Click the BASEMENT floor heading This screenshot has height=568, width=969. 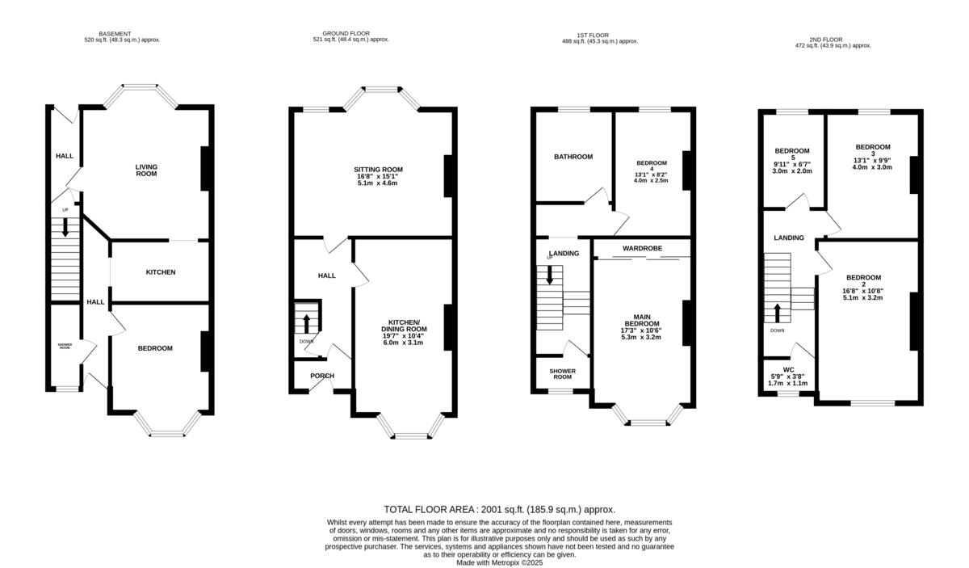[115, 34]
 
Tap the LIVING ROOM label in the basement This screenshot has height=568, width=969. [146, 170]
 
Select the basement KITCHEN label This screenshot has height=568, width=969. [160, 272]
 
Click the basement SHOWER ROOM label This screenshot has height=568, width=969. [65, 346]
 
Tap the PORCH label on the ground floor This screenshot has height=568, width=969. [322, 376]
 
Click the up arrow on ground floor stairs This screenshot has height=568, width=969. [307, 323]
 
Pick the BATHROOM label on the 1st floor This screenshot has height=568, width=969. [573, 157]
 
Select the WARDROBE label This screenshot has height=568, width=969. [642, 247]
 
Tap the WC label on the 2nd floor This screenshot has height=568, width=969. [788, 368]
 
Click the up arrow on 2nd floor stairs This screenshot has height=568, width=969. [778, 312]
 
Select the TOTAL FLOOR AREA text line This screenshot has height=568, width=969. [499, 510]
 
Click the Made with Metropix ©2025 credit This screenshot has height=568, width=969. [499, 562]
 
